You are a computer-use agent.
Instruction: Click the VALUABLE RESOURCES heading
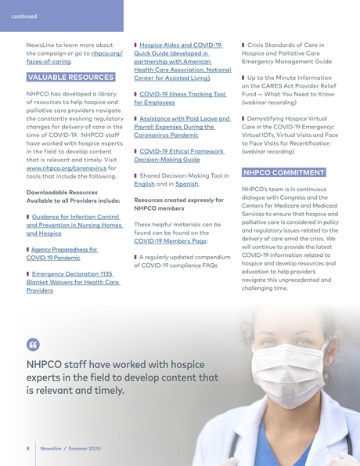pos(70,78)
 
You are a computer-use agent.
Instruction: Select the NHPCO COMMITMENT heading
pos(283,172)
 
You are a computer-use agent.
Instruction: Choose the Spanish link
pos(186,184)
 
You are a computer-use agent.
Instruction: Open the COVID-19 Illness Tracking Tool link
pos(180,98)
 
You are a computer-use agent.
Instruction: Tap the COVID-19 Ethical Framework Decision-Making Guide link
pos(178,154)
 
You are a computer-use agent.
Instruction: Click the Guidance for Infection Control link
pos(75,224)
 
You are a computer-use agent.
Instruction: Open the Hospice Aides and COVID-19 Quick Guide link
pos(181,62)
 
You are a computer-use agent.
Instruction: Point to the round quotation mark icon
pos(32,344)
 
